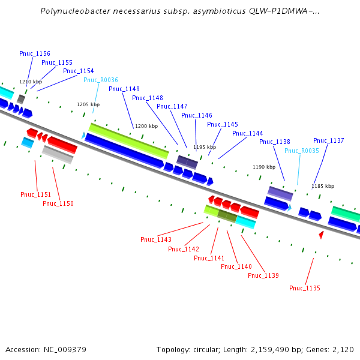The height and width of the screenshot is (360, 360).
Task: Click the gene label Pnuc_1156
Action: point(35,53)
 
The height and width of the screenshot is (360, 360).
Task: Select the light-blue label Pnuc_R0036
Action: point(101,80)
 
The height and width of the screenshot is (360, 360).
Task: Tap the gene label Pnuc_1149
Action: point(124,89)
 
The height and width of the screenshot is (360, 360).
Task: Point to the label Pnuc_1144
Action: point(248,133)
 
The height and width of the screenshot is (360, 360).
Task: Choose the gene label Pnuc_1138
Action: point(275,142)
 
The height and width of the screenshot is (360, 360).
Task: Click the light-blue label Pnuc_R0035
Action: point(302,151)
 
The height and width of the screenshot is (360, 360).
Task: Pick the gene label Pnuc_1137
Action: point(329,140)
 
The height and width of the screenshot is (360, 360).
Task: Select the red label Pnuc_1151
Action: point(36,194)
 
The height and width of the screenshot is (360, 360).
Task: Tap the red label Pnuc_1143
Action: point(156,239)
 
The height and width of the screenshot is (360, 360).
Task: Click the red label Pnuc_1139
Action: point(263,275)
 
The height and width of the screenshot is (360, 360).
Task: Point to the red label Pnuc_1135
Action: point(305,288)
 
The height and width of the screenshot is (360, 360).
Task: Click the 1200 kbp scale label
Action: point(146,126)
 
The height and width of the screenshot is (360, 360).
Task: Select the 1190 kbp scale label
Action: point(264,167)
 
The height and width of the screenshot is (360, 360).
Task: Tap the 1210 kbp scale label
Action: point(31,82)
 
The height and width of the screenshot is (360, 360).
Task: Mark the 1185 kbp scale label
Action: point(323,186)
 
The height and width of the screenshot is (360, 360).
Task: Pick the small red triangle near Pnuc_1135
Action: point(321,235)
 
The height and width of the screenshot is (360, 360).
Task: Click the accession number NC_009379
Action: point(65,349)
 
